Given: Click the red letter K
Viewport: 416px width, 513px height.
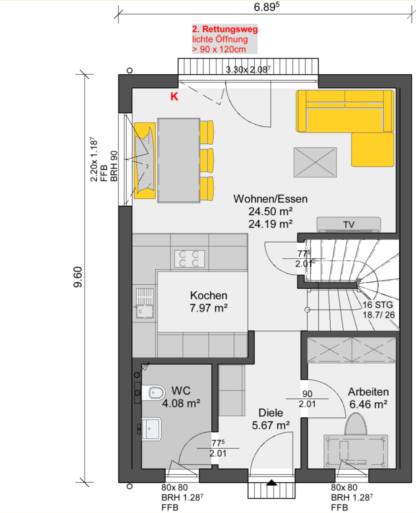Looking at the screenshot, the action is tap(174, 96).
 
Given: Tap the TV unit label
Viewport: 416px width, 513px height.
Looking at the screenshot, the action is tap(349, 225).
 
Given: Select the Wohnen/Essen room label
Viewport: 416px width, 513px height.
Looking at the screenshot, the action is tap(270, 199).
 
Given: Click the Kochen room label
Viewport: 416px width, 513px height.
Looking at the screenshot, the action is tap(209, 295).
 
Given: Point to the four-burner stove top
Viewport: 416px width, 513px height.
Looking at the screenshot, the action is tap(190, 259).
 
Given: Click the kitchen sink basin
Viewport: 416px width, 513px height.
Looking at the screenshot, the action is tap(145, 312).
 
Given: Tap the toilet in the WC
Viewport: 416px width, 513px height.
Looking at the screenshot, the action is tap(154, 393).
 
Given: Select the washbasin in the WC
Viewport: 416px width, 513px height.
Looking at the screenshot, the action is tap(151, 429).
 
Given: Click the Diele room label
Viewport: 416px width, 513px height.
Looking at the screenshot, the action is tap(271, 413).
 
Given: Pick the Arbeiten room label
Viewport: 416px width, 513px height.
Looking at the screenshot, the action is tap(368, 392).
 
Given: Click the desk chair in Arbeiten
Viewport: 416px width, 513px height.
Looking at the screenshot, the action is tap(356, 424).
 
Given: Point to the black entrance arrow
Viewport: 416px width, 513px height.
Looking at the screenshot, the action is tap(272, 482).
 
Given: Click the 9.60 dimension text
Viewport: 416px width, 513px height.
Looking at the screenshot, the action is tap(78, 277).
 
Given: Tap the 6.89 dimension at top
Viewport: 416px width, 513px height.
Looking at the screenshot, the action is tap(266, 7).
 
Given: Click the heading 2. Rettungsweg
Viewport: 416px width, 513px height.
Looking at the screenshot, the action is tap(225, 29).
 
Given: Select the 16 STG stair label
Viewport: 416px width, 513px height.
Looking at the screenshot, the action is tap(378, 305).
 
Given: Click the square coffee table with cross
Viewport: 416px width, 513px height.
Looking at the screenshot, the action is tap(315, 162).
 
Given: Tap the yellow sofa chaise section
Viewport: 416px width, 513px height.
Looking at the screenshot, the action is tap(373, 149).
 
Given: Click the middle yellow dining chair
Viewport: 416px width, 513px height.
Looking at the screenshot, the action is tap(207, 161).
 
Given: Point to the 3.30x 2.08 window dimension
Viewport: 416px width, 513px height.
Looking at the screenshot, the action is tap(248, 70).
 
